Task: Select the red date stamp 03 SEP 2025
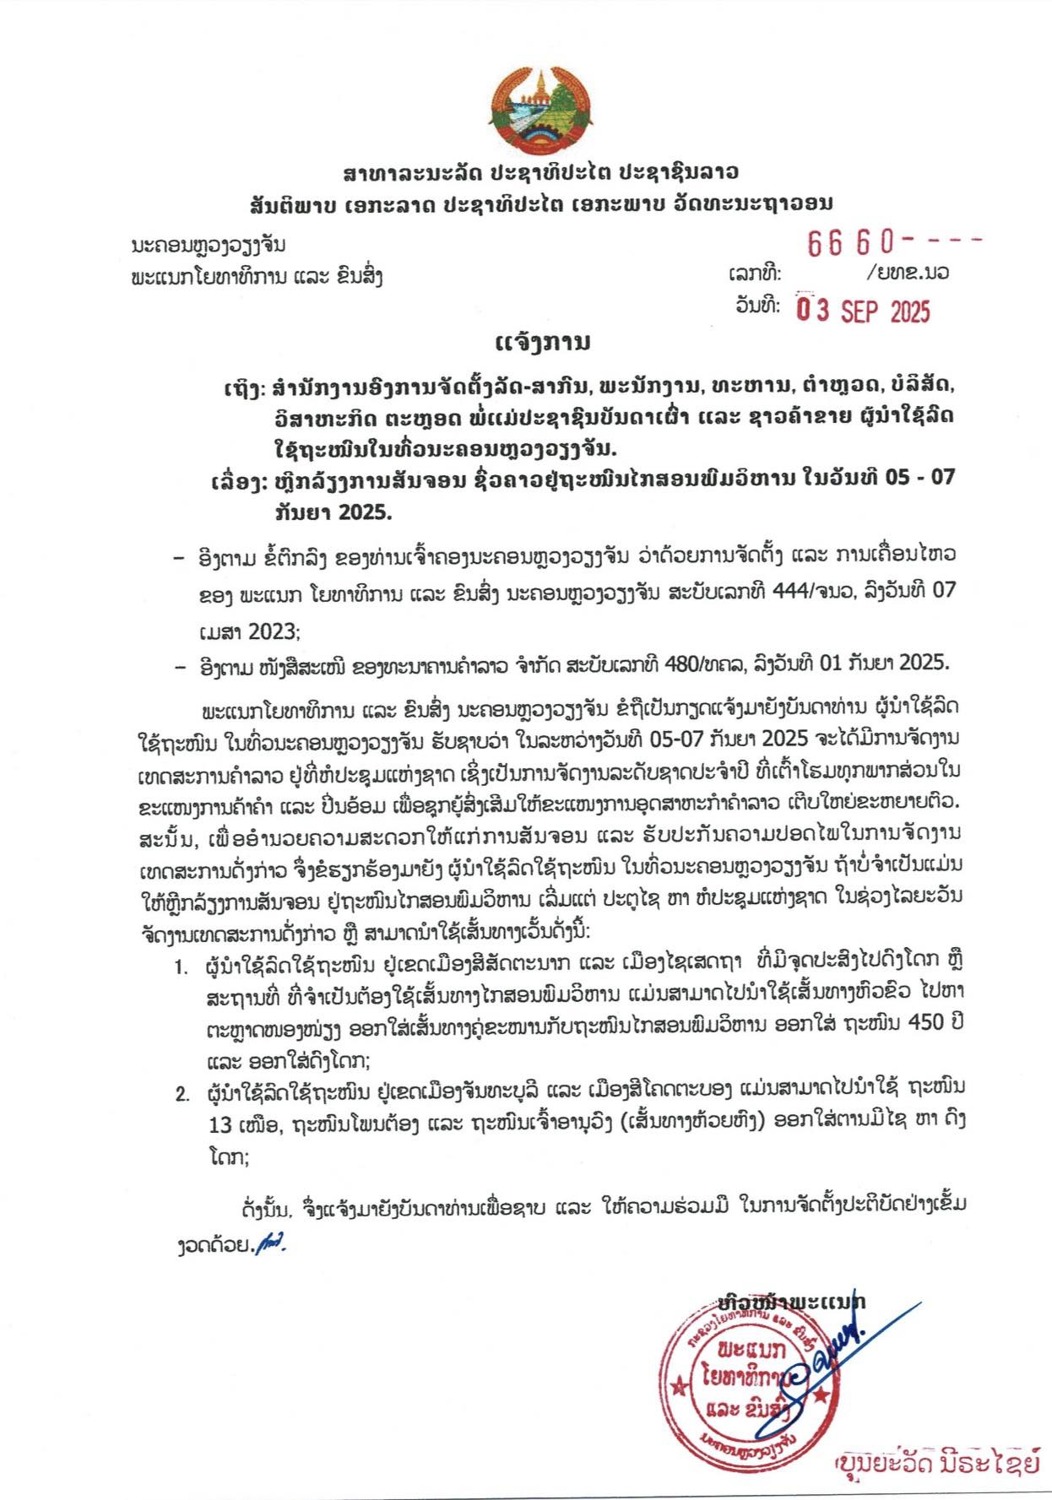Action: click(864, 311)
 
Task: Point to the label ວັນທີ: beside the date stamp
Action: click(757, 306)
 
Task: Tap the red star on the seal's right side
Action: click(819, 1393)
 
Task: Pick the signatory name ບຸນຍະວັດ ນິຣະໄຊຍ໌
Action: click(937, 1464)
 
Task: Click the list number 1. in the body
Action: click(182, 967)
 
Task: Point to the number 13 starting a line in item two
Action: click(220, 1124)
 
